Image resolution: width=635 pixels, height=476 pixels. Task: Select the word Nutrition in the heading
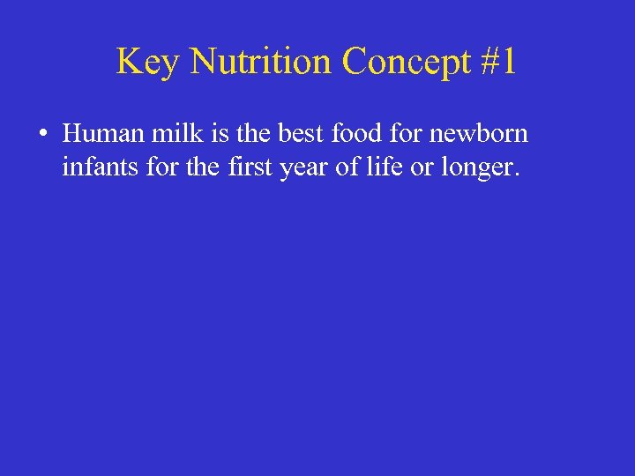[x=261, y=62]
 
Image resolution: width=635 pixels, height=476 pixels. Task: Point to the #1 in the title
[x=497, y=62]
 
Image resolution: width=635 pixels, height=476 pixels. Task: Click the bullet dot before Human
[x=42, y=136]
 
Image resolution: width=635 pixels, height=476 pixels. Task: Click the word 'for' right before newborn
[x=396, y=134]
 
